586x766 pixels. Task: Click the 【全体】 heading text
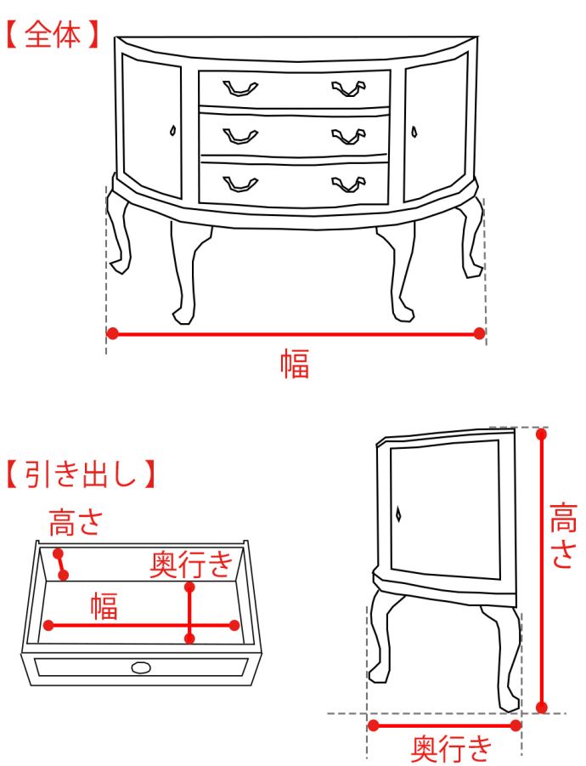pyautogui.click(x=52, y=34)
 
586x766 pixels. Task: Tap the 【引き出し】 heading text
pyautogui.click(x=81, y=474)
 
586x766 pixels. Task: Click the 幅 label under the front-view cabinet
pyautogui.click(x=295, y=364)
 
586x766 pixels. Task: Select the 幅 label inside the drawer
pyautogui.click(x=104, y=606)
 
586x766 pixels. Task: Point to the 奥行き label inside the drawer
pyautogui.click(x=191, y=565)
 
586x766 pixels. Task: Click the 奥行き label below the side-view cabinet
pyautogui.click(x=451, y=749)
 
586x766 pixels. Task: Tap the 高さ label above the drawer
pyautogui.click(x=76, y=522)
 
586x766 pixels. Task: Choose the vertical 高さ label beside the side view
pyautogui.click(x=564, y=535)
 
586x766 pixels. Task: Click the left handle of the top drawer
pyautogui.click(x=240, y=88)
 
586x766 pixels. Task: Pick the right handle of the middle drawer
pyautogui.click(x=348, y=136)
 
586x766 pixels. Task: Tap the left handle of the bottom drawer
pyautogui.click(x=240, y=184)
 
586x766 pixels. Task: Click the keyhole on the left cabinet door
pyautogui.click(x=172, y=130)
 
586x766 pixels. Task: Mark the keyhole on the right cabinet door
pyautogui.click(x=414, y=132)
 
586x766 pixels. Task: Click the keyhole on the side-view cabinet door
pyautogui.click(x=398, y=514)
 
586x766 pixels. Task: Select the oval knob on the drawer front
pyautogui.click(x=141, y=667)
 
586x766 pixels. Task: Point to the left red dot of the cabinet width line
pyautogui.click(x=112, y=333)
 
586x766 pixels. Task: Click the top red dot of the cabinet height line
pyautogui.click(x=541, y=434)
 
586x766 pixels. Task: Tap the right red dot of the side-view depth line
pyautogui.click(x=516, y=725)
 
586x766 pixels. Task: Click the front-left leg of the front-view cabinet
pyautogui.click(x=185, y=274)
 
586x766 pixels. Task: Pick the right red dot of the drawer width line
pyautogui.click(x=234, y=626)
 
